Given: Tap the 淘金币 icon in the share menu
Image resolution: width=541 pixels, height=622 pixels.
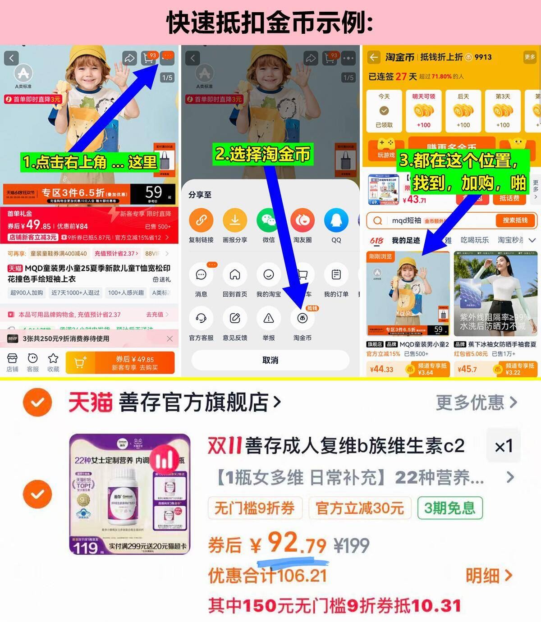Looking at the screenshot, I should click(302, 319).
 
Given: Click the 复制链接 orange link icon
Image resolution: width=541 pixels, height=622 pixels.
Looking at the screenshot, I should click(201, 220).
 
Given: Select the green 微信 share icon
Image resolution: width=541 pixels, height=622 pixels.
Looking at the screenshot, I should click(269, 220).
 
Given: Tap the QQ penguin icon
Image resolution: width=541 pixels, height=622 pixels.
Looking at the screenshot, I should click(336, 220).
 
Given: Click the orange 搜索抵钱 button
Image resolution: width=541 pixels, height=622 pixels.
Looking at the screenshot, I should click(515, 220).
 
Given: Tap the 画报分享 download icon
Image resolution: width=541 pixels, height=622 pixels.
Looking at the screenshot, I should click(235, 220).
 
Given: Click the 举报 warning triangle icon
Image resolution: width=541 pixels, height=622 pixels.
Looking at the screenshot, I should click(269, 319).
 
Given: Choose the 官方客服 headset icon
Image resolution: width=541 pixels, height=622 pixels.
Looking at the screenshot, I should click(201, 319).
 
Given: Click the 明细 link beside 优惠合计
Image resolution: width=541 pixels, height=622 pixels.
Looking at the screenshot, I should click(489, 576).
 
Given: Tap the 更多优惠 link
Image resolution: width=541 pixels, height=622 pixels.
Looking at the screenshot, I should click(476, 402).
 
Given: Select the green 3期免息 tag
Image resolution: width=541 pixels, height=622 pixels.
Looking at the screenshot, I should click(449, 508).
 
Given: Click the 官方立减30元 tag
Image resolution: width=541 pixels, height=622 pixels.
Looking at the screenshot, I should click(359, 508).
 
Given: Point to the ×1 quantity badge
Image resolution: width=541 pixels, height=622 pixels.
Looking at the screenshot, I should click(504, 446).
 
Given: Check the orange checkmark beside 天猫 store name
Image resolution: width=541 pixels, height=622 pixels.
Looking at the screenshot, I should click(37, 402).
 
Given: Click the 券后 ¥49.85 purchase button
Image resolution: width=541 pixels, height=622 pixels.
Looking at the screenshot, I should click(120, 363).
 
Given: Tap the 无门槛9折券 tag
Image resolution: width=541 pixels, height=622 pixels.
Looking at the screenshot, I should click(254, 508).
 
